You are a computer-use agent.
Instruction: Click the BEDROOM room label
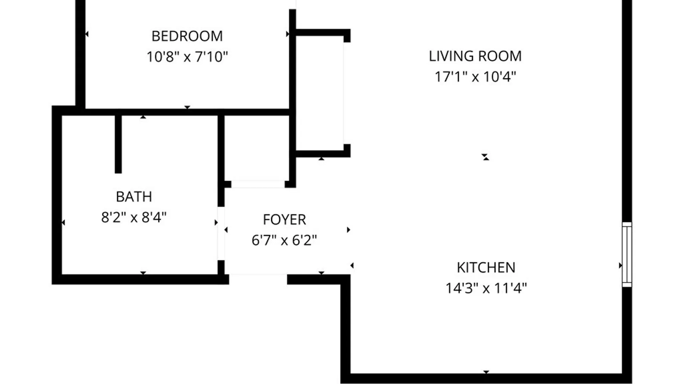(187, 36)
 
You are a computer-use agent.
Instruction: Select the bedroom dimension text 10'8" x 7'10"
(187, 57)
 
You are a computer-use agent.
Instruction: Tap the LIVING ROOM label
(475, 56)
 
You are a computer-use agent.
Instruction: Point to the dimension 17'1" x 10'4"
(475, 76)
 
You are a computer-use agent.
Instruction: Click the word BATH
(134, 197)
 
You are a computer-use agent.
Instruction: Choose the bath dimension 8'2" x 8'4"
(134, 217)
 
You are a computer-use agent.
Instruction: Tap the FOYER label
(284, 220)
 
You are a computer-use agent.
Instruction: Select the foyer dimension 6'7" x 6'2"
(284, 240)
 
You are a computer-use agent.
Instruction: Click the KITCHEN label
(486, 268)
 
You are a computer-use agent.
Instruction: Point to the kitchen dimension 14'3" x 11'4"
(486, 288)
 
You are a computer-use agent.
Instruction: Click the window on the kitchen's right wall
(627, 254)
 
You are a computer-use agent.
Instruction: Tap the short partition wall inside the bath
(118, 144)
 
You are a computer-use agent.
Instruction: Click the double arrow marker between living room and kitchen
(486, 157)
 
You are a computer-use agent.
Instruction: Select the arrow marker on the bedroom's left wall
(87, 34)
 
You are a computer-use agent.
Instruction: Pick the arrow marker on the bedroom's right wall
(287, 34)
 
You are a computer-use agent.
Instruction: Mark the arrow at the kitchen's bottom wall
(486, 372)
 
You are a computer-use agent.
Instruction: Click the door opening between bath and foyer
(221, 233)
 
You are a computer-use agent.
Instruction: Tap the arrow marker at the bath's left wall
(63, 223)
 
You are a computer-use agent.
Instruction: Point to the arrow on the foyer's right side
(349, 230)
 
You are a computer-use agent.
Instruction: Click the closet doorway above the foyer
(258, 184)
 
